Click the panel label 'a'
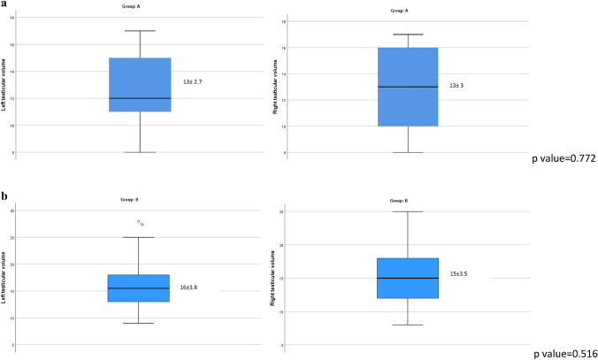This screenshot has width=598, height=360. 4,4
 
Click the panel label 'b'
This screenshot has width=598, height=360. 4,191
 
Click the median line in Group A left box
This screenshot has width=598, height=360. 140,98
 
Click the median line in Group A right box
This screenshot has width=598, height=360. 407,87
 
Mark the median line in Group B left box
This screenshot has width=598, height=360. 140,288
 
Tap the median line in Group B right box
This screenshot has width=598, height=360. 407,278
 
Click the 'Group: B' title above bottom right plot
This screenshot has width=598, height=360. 407,201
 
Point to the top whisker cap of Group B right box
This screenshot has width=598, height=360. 407,211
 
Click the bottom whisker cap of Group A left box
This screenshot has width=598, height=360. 140,152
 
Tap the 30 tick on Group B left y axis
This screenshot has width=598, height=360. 23,211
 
